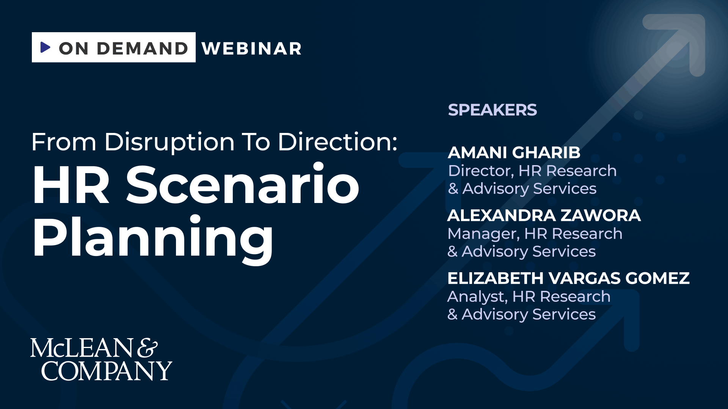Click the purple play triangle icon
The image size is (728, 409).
pyautogui.click(x=45, y=47)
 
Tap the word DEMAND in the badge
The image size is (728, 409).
pyautogui.click(x=143, y=48)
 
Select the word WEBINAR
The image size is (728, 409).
pyautogui.click(x=252, y=48)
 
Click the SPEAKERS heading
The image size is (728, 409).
pyautogui.click(x=492, y=110)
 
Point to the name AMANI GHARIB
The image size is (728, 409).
pyautogui.click(x=514, y=153)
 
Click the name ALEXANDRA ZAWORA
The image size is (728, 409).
pyautogui.click(x=544, y=215)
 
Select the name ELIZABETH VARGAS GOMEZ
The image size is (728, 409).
pyautogui.click(x=568, y=278)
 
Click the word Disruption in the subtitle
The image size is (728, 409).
pyautogui.click(x=169, y=142)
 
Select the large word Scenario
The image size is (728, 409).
pyautogui.click(x=243, y=184)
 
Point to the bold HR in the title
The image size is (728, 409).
pyautogui.click(x=71, y=185)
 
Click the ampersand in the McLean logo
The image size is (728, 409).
pyautogui.click(x=147, y=348)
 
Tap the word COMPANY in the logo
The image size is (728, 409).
pyautogui.click(x=107, y=371)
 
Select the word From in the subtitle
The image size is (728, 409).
pyautogui.click(x=64, y=142)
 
